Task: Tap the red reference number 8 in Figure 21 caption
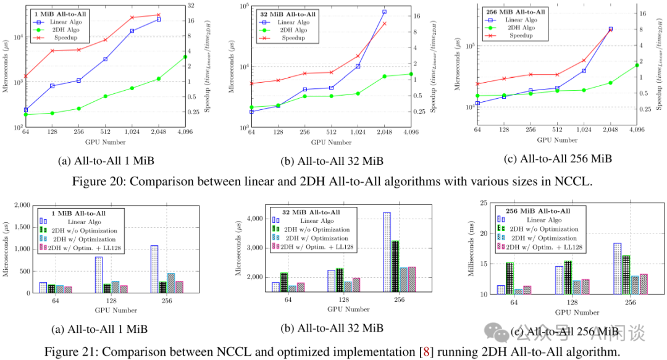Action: pyautogui.click(x=424, y=351)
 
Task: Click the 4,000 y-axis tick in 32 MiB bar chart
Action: pyautogui.click(x=256, y=219)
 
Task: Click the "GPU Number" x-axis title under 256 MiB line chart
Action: pyautogui.click(x=557, y=140)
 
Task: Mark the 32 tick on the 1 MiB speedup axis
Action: pyautogui.click(x=191, y=6)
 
